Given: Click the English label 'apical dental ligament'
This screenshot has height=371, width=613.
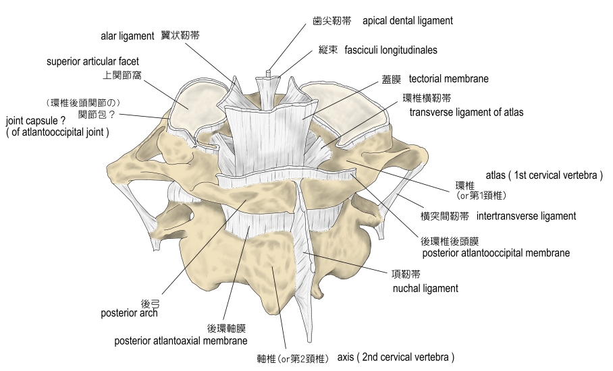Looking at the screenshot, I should pos(407,21).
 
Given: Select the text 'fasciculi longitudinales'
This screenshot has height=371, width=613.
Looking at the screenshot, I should pos(390,50).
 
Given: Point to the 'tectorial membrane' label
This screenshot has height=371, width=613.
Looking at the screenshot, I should pos(448,79).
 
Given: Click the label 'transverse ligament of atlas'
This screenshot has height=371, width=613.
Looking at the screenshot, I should pos(466,112).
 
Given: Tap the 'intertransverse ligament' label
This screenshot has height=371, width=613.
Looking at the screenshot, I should pos(526,217).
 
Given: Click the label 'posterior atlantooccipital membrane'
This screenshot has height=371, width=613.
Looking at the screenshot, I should pos(496,253).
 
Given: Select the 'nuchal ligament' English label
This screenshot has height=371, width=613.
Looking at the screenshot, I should pos(425,288).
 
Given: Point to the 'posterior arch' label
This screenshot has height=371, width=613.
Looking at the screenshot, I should pos(129,313).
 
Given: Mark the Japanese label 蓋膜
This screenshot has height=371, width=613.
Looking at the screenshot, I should pos(391,79).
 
